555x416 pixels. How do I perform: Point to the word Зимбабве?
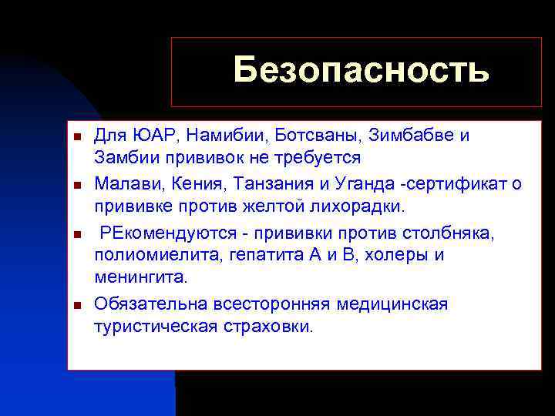coord(398,136)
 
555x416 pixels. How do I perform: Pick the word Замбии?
coord(123,157)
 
